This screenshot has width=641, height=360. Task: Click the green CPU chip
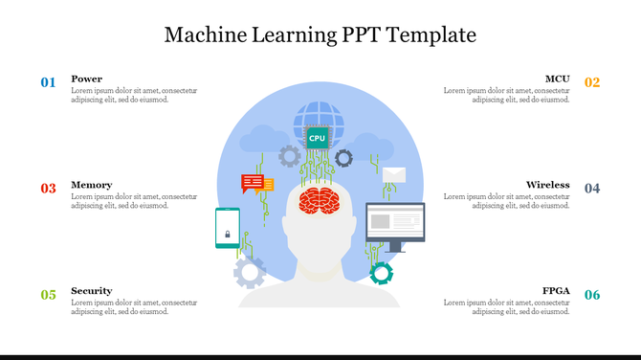point(317,138)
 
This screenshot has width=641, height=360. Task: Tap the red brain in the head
point(320,200)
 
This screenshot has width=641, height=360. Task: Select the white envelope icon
point(394,176)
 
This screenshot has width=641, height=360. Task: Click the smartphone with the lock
point(228,228)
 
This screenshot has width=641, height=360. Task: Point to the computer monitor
point(395,223)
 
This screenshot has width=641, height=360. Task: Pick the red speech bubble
point(253,182)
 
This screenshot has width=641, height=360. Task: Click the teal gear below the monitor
point(382,273)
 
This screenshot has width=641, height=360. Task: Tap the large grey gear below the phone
point(250,273)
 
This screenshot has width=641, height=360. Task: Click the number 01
point(48,82)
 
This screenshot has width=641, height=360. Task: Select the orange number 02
point(592,82)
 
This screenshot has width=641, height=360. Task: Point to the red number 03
point(48,189)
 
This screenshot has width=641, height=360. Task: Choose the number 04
point(592,189)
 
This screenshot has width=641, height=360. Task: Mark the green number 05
point(48,295)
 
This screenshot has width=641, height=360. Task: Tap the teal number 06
point(592,295)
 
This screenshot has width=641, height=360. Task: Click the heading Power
point(86,79)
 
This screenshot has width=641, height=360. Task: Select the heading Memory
point(91,185)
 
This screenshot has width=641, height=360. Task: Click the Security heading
point(91,291)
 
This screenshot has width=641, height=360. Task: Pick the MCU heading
point(557,79)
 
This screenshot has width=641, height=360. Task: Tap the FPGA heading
point(556,291)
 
